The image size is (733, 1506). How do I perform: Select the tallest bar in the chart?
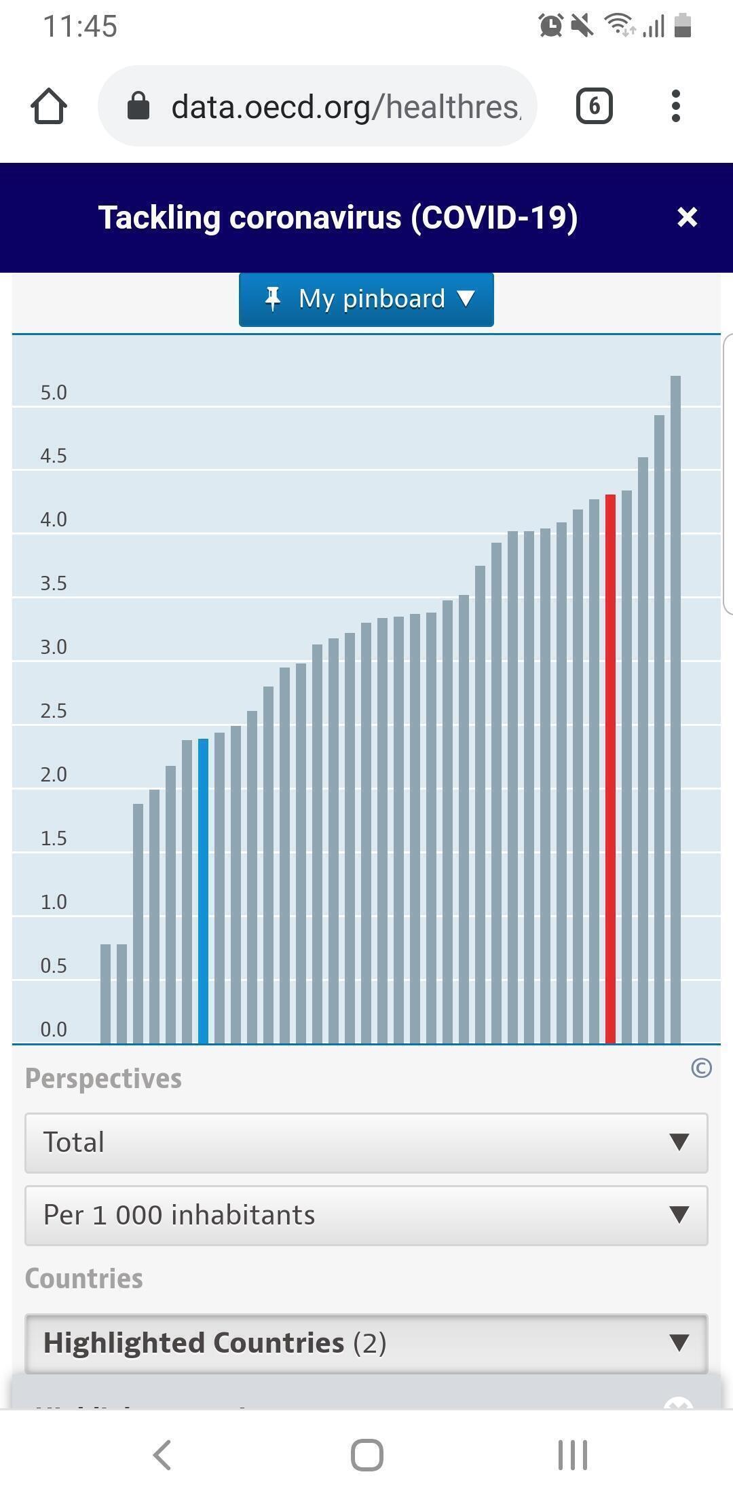click(x=675, y=709)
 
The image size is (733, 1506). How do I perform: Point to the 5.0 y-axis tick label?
click(x=54, y=393)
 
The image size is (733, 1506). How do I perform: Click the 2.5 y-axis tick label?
click(x=54, y=711)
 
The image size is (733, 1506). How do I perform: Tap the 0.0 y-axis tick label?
click(x=54, y=1029)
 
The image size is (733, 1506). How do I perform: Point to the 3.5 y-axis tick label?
click(x=54, y=583)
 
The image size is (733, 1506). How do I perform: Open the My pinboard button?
click(x=366, y=299)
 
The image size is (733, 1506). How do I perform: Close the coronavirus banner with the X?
click(x=687, y=217)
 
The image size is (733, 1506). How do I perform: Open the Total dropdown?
click(x=366, y=1142)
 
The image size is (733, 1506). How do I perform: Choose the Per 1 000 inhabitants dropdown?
click(x=366, y=1215)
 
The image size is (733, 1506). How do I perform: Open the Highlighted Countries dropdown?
click(x=366, y=1343)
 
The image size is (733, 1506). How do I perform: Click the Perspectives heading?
click(x=103, y=1079)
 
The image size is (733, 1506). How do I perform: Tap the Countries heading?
click(x=84, y=1279)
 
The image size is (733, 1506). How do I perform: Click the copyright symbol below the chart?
click(x=701, y=1068)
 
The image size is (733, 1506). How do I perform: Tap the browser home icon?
click(x=49, y=107)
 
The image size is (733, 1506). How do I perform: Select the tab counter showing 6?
click(x=594, y=107)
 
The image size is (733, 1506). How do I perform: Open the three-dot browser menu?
click(x=675, y=107)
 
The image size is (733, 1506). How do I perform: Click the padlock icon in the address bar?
click(x=138, y=107)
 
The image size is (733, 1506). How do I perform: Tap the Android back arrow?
click(x=162, y=1455)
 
